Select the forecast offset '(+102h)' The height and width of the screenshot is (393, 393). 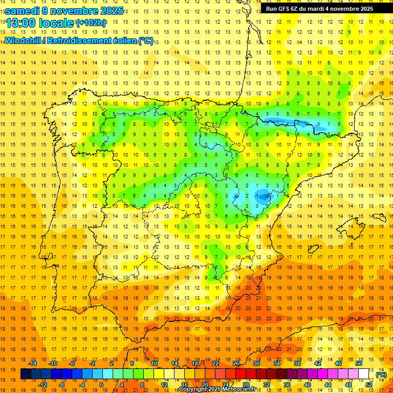91,23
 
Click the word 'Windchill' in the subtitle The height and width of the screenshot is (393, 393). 24,41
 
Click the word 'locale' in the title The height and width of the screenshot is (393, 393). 57,23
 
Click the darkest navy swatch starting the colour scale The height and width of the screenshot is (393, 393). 26,374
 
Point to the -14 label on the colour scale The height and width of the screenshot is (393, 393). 33,363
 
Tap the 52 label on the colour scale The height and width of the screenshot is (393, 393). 369,384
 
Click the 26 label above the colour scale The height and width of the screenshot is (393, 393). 236,363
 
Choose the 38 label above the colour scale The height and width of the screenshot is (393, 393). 297,363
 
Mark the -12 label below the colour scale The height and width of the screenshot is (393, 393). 43,384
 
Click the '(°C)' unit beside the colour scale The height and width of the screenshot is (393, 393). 381,375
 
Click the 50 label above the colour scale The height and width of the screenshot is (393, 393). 359,363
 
